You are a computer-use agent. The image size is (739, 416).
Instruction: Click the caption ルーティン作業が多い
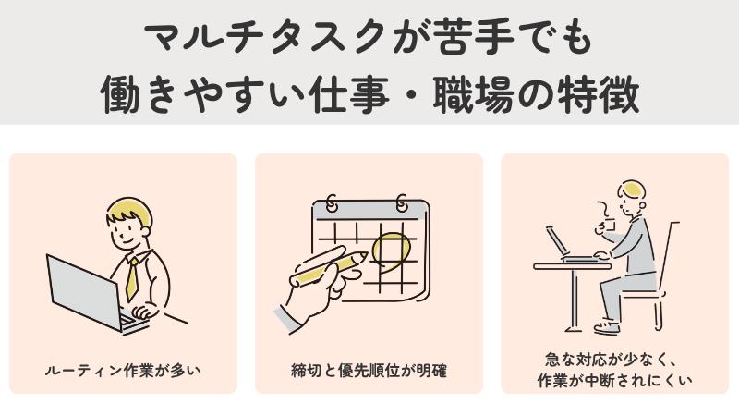123,372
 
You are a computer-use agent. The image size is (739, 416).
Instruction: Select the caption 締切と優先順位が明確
369,372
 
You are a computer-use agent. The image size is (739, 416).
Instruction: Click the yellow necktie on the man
133,275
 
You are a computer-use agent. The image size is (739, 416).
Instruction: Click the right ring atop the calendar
401,202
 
